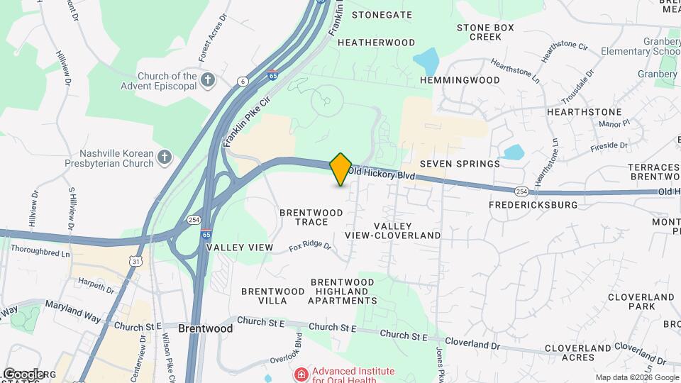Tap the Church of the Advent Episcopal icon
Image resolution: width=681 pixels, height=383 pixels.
(208, 79)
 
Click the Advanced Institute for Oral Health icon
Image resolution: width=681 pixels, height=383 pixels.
(301, 374)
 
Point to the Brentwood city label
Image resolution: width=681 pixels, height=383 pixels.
(206, 329)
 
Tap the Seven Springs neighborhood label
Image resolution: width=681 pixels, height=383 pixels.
(460, 164)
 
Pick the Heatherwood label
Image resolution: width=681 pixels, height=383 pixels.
(376, 43)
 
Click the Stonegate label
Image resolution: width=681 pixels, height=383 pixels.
(382, 14)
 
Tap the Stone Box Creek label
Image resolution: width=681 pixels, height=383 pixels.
(485, 32)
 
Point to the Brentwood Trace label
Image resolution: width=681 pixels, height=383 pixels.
(311, 217)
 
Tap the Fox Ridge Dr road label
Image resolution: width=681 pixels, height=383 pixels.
(311, 246)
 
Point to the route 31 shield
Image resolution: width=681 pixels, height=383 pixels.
(135, 262)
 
